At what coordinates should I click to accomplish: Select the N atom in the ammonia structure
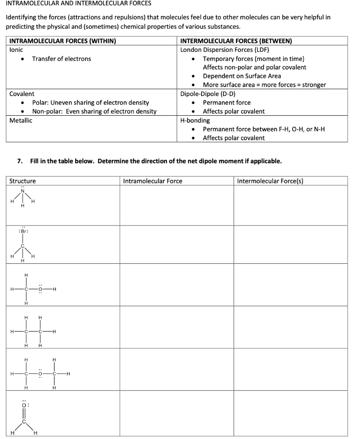point(24,191)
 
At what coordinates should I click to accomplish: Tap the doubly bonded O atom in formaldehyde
point(24,404)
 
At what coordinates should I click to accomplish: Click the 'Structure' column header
point(23,181)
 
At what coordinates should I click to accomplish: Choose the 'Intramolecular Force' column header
point(152,181)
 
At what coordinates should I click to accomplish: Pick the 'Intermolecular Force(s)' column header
point(270,181)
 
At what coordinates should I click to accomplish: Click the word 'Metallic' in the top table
point(21,120)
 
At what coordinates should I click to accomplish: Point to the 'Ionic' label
point(16,50)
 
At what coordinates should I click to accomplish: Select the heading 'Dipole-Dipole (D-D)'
point(208,94)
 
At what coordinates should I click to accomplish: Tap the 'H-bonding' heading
point(195,120)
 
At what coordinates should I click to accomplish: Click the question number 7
point(19,161)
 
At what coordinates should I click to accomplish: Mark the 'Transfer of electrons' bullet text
point(61,59)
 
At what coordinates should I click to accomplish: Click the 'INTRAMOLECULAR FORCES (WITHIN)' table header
point(63,41)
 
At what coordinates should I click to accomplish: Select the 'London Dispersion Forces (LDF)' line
point(224,50)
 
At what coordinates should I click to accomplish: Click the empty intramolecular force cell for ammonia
point(176,205)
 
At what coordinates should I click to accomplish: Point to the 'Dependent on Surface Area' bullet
point(242,76)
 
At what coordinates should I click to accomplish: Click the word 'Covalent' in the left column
point(22,94)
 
